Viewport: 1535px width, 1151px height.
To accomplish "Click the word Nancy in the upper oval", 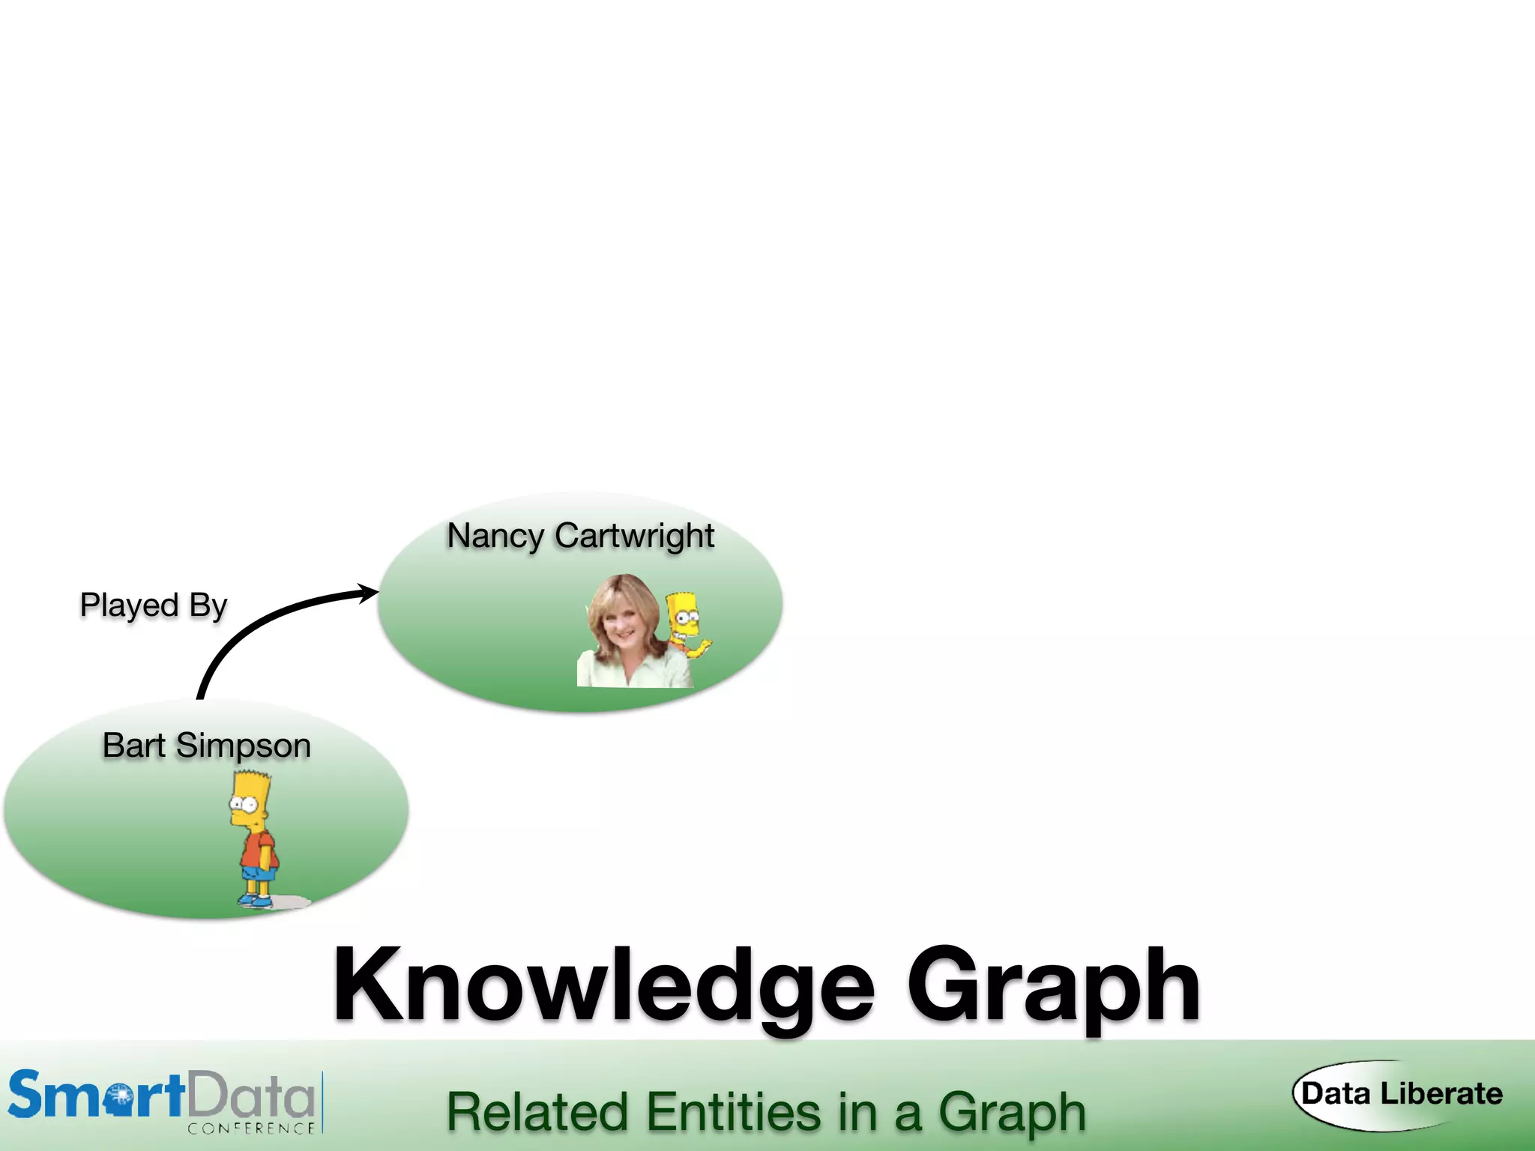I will tap(495, 537).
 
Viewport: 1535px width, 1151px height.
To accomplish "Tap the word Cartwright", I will tap(634, 537).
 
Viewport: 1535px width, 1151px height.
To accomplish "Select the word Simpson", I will tap(244, 746).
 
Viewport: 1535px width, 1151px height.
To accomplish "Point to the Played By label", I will tap(153, 605).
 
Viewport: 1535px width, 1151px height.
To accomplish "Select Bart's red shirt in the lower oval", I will tap(259, 851).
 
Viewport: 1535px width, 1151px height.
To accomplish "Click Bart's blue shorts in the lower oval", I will tap(259, 874).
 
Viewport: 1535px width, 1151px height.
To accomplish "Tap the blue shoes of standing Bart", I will tap(255, 900).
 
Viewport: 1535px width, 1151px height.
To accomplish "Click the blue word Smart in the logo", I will tap(96, 1096).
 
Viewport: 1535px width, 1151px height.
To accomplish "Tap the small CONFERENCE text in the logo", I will tap(251, 1128).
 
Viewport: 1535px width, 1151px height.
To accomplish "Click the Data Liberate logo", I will tap(1400, 1094).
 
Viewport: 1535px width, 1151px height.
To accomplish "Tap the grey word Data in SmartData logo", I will tap(251, 1096).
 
